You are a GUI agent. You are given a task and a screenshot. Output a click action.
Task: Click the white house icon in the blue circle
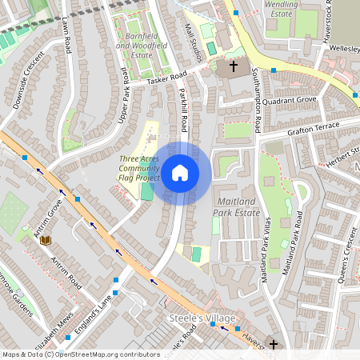pyautogui.click(x=180, y=173)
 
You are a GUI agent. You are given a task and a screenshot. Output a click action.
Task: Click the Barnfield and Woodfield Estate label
pyautogui.click(x=144, y=46)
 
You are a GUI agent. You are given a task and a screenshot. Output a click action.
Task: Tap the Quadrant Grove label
pyautogui.click(x=294, y=101)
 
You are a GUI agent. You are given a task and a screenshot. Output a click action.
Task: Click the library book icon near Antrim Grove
pyautogui.click(x=45, y=239)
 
